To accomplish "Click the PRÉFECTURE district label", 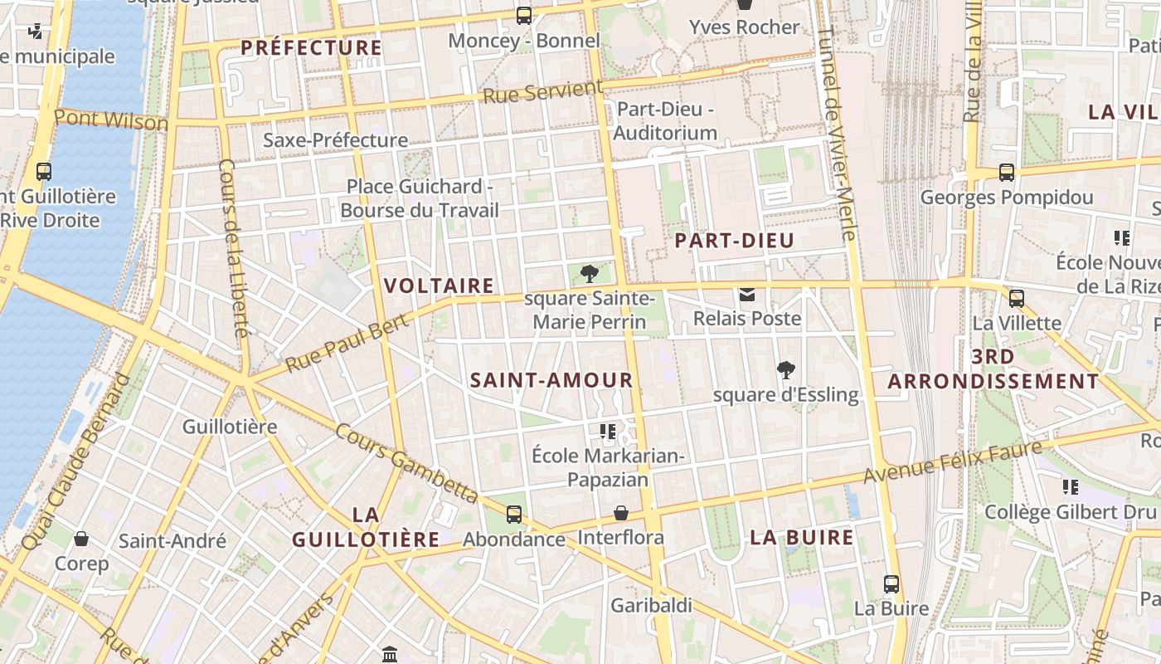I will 312,47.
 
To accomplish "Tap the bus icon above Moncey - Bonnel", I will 523,15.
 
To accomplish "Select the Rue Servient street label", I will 543,91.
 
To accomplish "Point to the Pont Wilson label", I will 111,120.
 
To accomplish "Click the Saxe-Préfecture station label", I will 335,139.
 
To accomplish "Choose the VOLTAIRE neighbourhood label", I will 439,286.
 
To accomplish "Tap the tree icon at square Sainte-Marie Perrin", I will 590,273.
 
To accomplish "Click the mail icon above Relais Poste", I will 747,295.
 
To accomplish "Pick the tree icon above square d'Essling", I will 785,370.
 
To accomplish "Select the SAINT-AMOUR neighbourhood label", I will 551,380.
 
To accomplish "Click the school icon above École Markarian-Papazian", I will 608,432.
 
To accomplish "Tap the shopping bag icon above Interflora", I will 620,514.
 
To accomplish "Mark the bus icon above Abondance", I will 514,515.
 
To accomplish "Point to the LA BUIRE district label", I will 802,537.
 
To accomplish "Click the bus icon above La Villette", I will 1016,299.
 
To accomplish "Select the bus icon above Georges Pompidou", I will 1006,173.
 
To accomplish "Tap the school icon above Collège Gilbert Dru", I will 1070,487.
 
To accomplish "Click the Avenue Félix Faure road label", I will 952,463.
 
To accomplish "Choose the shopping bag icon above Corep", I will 81,539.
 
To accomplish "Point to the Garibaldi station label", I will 651,605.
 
